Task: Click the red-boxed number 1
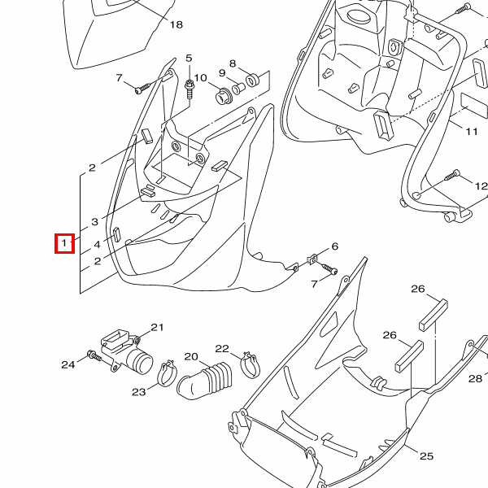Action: (64, 242)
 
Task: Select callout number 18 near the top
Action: (176, 24)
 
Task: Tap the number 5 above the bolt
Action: (189, 59)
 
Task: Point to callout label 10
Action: (200, 77)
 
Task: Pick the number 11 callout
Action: (472, 131)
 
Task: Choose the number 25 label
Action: (426, 456)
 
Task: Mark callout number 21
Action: (157, 327)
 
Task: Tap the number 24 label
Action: (68, 364)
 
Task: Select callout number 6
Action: (334, 246)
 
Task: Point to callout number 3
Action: (95, 221)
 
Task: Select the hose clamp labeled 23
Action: (168, 374)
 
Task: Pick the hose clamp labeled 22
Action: (249, 364)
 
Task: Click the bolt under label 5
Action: (190, 86)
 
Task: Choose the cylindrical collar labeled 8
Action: (251, 78)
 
